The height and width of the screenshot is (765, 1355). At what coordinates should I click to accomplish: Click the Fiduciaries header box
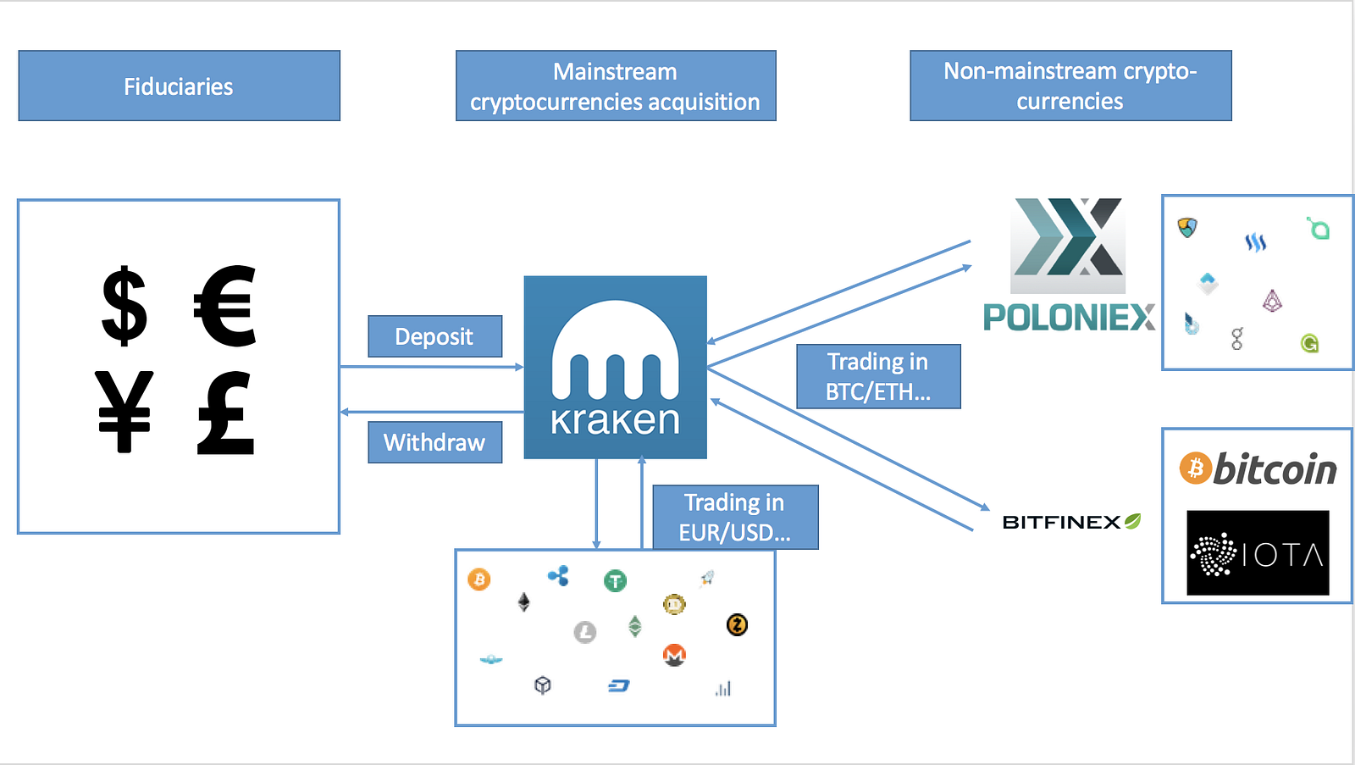(x=179, y=86)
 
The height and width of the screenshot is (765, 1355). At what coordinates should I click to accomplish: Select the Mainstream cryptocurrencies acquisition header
(x=616, y=86)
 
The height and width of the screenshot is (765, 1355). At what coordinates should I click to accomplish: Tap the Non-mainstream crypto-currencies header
(x=1070, y=86)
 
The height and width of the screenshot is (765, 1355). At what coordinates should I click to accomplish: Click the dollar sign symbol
(x=124, y=306)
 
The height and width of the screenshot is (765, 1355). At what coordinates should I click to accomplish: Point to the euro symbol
(x=225, y=306)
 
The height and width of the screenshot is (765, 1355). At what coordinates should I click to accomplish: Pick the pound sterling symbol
(x=225, y=413)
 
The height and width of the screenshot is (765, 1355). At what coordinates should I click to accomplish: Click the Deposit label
(x=434, y=336)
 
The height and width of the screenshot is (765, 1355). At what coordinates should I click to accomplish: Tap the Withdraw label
(x=434, y=442)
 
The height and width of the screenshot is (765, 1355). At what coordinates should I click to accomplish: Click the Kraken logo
(x=616, y=367)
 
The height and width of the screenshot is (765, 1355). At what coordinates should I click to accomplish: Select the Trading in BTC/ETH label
(x=878, y=376)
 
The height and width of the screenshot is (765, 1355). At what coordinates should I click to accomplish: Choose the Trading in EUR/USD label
(x=735, y=517)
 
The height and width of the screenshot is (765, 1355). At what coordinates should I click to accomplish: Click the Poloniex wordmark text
(x=1069, y=318)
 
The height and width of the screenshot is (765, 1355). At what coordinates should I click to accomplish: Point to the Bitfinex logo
(x=1071, y=522)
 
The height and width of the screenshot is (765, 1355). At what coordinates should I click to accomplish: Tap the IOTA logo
(x=1258, y=553)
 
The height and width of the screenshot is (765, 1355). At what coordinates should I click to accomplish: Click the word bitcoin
(x=1275, y=468)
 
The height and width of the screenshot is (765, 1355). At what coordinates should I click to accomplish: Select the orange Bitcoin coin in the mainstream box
(x=479, y=579)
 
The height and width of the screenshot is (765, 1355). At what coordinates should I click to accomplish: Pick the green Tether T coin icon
(x=616, y=580)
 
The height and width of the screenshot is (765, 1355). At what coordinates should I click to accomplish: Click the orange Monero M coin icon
(x=674, y=655)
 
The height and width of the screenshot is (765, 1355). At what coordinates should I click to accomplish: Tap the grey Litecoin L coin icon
(x=585, y=632)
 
